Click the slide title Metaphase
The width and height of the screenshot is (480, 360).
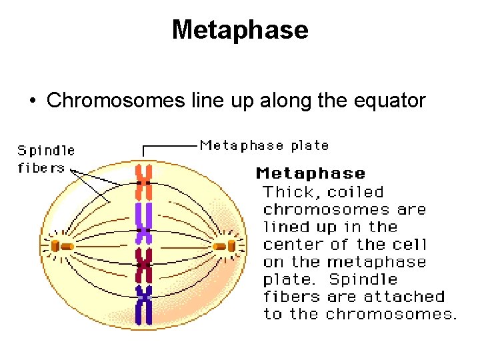[x=240, y=30]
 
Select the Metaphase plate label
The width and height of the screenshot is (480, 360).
[x=264, y=145]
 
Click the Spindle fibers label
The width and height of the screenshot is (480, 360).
[x=45, y=159]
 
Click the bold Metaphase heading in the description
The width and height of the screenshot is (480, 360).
[x=311, y=174]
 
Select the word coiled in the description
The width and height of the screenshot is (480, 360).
[x=357, y=193]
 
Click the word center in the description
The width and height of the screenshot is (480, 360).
[x=291, y=245]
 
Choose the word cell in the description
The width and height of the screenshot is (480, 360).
[x=410, y=245]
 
